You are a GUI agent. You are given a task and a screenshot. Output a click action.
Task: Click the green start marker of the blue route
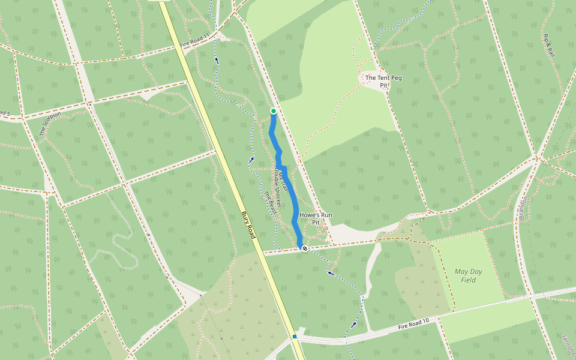click(x=274, y=111)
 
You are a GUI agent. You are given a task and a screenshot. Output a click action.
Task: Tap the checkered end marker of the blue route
click(x=305, y=248)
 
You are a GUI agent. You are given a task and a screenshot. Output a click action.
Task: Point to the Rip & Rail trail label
click(x=549, y=46)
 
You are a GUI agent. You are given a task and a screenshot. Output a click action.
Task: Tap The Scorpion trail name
click(x=50, y=124)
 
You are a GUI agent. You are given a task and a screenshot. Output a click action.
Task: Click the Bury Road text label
click(x=248, y=225)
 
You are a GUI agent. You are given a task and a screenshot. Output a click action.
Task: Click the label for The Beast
click(x=270, y=203)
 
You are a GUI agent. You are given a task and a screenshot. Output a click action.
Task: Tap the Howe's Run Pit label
click(x=316, y=218)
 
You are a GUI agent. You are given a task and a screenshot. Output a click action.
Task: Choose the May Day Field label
click(x=469, y=275)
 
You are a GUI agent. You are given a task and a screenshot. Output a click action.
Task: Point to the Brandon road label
click(x=522, y=208)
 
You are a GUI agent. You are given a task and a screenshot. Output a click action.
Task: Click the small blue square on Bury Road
click(x=295, y=337)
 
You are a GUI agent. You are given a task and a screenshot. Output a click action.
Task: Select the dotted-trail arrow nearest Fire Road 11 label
click(x=217, y=60)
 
